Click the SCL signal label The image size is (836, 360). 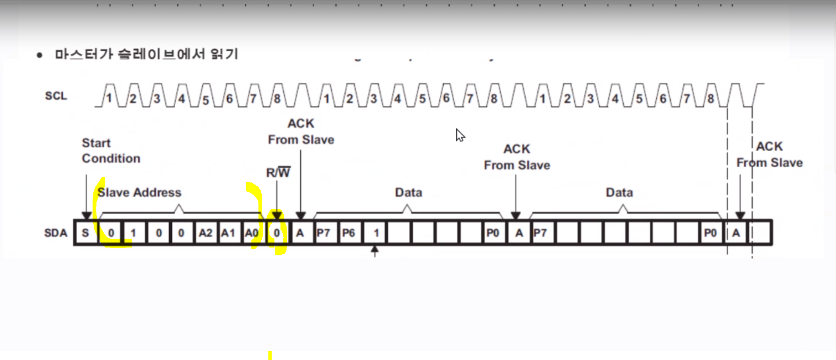[56, 96]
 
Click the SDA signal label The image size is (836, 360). [56, 233]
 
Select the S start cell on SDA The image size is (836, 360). [85, 233]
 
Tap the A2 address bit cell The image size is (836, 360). [205, 233]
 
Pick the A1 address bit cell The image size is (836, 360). [228, 233]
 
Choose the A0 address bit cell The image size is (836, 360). [252, 233]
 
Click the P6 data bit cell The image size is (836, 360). [348, 233]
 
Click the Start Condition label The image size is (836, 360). [111, 151]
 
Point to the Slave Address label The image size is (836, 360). [139, 192]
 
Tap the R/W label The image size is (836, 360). [278, 173]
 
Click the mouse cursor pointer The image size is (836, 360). [460, 135]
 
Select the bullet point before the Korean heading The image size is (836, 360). [39, 55]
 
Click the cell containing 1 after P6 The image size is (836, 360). [376, 233]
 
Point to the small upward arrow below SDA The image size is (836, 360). [375, 251]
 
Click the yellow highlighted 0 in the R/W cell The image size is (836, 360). [277, 233]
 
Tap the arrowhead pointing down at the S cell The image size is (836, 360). [86, 216]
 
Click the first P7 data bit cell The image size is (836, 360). [323, 233]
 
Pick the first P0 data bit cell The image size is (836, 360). [493, 233]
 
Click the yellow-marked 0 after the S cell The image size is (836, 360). [111, 233]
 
